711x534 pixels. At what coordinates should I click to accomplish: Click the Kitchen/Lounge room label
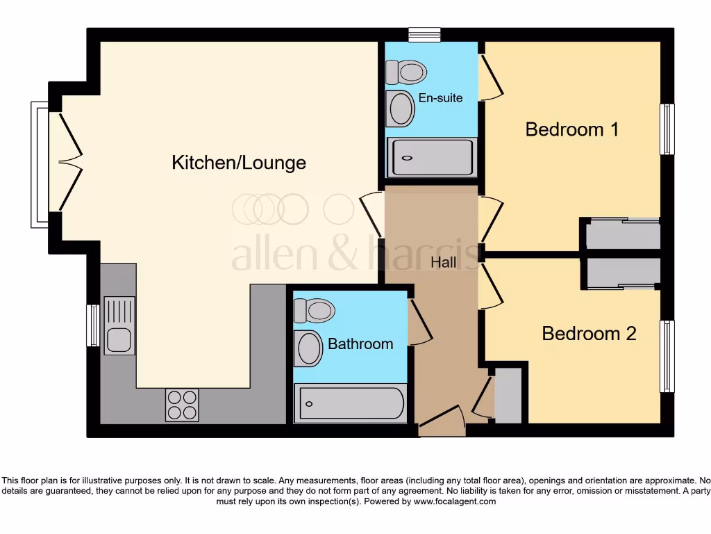[239, 163]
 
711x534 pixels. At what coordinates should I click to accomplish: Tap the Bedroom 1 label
[571, 129]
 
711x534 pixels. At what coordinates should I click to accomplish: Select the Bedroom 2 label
[589, 334]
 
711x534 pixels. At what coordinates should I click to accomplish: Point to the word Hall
[444, 262]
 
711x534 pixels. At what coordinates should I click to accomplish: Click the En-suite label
[440, 98]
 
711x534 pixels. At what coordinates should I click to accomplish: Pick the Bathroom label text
[360, 343]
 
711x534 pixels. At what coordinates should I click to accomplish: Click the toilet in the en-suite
[406, 71]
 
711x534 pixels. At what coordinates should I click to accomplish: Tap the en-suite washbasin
[400, 108]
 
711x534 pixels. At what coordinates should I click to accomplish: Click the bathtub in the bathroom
[351, 403]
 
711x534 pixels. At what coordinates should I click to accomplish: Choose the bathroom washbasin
[308, 348]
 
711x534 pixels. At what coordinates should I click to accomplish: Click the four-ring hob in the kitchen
[182, 405]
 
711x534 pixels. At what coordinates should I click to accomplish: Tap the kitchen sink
[119, 325]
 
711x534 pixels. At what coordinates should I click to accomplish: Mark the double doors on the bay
[69, 163]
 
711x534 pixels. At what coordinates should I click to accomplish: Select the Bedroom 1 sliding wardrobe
[621, 235]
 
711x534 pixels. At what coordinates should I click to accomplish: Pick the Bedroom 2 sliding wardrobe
[621, 273]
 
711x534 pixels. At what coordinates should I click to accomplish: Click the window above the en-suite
[424, 34]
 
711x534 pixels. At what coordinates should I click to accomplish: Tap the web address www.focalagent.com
[455, 501]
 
